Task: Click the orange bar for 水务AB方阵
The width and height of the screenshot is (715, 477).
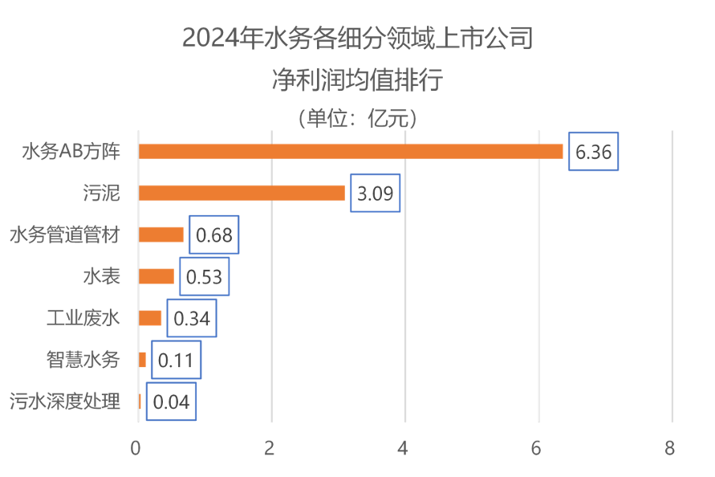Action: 351,151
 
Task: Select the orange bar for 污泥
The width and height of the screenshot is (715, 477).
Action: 242,193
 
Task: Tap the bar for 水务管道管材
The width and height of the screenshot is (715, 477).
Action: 161,234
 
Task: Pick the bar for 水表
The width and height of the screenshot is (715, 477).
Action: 156,276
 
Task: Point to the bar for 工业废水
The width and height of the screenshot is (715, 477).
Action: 150,318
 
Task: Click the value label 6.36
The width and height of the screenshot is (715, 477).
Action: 593,151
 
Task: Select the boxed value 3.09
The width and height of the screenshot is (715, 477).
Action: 375,194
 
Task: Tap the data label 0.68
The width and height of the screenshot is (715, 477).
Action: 214,235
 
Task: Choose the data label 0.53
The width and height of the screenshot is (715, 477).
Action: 204,277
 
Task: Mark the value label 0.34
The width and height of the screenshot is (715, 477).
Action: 192,319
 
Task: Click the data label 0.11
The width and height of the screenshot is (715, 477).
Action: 176,361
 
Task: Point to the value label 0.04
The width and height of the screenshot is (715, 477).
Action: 171,402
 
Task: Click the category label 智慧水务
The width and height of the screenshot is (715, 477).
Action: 83,360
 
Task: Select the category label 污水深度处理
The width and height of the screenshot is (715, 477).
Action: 65,402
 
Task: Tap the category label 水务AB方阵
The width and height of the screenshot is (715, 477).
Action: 71,151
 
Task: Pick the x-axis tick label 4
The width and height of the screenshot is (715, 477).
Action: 404,448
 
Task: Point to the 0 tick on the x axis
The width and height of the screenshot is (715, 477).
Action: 136,448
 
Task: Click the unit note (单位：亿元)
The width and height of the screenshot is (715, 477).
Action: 357,119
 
